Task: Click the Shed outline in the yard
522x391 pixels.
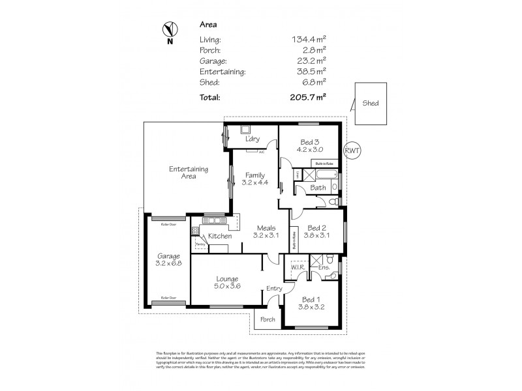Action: pyautogui.click(x=371, y=103)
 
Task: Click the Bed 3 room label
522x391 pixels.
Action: pyautogui.click(x=309, y=142)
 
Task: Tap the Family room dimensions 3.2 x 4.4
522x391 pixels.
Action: pyautogui.click(x=254, y=183)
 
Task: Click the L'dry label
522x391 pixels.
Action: pyautogui.click(x=253, y=139)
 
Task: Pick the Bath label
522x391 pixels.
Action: pyautogui.click(x=318, y=188)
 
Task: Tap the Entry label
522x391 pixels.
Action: pyautogui.click(x=274, y=289)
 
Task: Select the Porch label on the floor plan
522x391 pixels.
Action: pyautogui.click(x=268, y=319)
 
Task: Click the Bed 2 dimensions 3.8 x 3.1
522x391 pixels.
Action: pyautogui.click(x=316, y=236)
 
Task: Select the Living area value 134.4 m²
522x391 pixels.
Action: pyautogui.click(x=309, y=39)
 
